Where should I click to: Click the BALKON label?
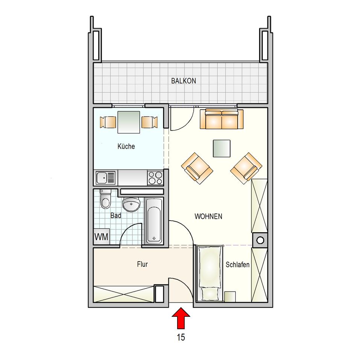(184, 81)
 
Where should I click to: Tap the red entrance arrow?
(181, 318)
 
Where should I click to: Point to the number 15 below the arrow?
(181, 337)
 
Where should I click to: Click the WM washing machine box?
(101, 237)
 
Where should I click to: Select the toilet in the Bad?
(105, 199)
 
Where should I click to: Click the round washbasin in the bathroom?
(131, 204)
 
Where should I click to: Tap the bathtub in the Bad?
(154, 221)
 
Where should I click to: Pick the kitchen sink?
(106, 178)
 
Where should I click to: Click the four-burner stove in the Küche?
(155, 178)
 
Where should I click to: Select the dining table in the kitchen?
(129, 122)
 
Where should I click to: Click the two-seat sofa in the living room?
(221, 119)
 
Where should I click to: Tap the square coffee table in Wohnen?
(221, 148)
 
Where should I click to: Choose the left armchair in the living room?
(197, 168)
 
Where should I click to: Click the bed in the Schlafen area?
(210, 273)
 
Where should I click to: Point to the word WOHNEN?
(208, 216)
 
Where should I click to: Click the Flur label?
(142, 264)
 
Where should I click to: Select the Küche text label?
(126, 146)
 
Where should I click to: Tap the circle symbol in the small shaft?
(260, 240)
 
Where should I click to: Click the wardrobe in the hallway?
(123, 294)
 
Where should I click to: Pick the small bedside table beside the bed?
(230, 296)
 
